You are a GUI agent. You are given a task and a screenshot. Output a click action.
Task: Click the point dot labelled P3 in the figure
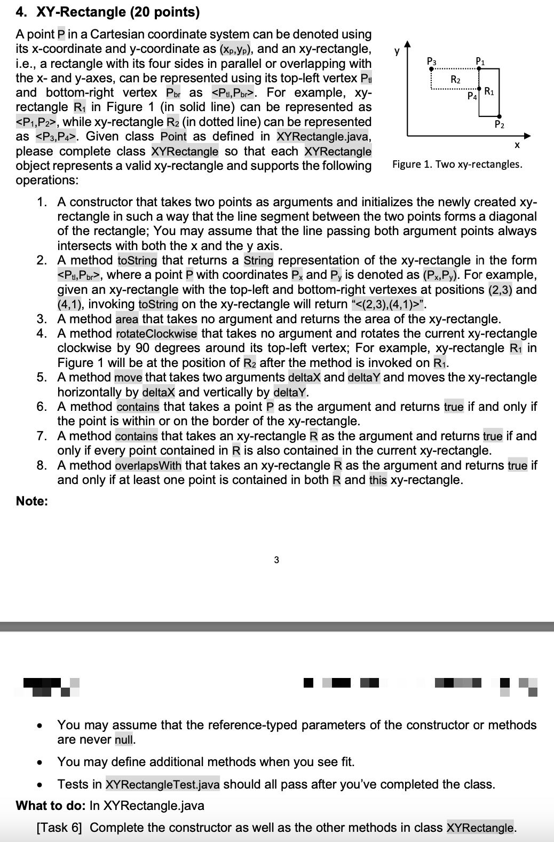(432, 69)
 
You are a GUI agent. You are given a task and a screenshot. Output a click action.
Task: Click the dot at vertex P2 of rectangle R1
(499, 116)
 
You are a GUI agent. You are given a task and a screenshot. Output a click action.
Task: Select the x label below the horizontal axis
(516, 145)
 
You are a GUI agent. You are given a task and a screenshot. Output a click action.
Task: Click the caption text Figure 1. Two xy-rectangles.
(457, 164)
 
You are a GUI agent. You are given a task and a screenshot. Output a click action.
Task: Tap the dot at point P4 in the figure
(479, 89)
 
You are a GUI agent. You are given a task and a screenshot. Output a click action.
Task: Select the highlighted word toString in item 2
(137, 261)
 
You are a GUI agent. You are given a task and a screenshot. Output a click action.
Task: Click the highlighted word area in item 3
(127, 319)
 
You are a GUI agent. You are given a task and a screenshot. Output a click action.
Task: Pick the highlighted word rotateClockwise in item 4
(156, 334)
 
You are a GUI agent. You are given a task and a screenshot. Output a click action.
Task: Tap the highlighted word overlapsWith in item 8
(148, 465)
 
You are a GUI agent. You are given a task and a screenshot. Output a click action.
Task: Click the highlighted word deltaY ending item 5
(290, 392)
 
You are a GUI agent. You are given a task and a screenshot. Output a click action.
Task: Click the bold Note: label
(32, 501)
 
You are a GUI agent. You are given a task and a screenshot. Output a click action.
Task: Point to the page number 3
(276, 560)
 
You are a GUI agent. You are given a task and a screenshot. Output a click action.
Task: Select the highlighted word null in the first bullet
(124, 740)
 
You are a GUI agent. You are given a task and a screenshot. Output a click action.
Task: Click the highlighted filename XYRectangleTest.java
(162, 784)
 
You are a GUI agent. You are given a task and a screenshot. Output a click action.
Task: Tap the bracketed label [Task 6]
(59, 828)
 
